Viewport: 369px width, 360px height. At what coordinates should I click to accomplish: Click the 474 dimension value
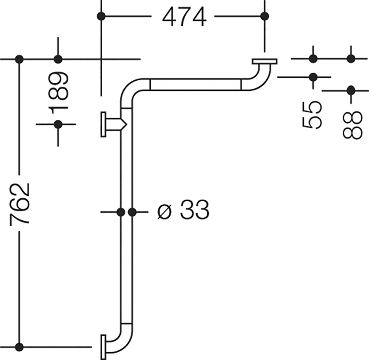[x=184, y=17]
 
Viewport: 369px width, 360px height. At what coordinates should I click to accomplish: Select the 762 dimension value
[x=20, y=203]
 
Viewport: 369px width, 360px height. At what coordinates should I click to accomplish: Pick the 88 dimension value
[x=351, y=125]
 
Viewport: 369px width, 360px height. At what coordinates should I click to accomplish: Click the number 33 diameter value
[x=194, y=209]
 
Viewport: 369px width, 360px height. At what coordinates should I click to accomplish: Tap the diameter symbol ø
[x=164, y=212]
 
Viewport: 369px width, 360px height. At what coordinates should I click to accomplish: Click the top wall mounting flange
[x=264, y=61]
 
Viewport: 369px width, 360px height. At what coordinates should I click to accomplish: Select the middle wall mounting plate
[x=103, y=124]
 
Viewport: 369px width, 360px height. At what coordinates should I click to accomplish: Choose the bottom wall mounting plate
[x=103, y=347]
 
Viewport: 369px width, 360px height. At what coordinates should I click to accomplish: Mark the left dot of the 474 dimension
[x=101, y=16]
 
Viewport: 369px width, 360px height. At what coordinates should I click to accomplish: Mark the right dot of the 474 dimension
[x=265, y=16]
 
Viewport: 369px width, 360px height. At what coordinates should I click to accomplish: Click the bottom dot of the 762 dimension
[x=19, y=347]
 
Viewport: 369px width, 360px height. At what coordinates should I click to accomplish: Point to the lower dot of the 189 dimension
[x=58, y=124]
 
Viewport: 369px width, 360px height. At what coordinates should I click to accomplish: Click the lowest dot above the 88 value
[x=351, y=90]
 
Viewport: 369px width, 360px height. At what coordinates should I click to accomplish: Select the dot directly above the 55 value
[x=313, y=77]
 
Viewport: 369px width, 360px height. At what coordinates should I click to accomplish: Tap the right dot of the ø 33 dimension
[x=132, y=212]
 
